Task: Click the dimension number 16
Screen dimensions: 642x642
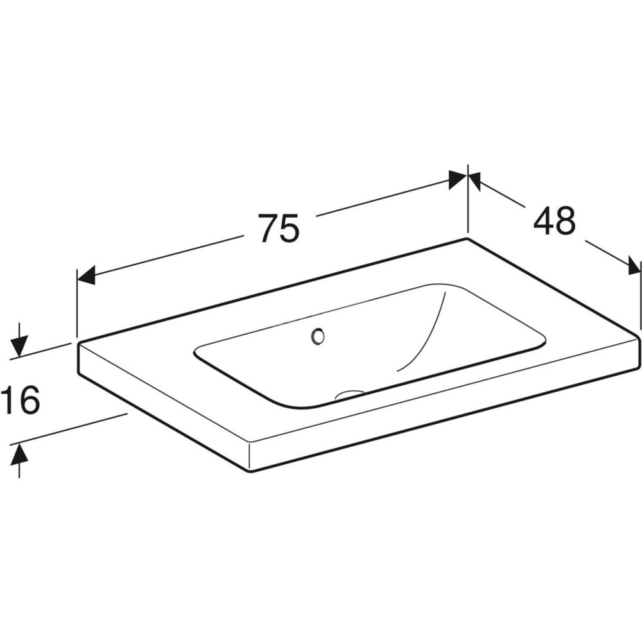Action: click(x=20, y=399)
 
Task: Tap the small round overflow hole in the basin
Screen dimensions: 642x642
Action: click(x=318, y=336)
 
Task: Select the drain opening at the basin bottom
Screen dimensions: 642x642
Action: click(x=349, y=394)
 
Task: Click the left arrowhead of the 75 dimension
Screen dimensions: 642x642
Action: click(x=86, y=275)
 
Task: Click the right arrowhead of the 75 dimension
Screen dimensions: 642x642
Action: click(x=458, y=180)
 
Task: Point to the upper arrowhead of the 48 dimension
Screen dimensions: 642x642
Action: click(x=474, y=182)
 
